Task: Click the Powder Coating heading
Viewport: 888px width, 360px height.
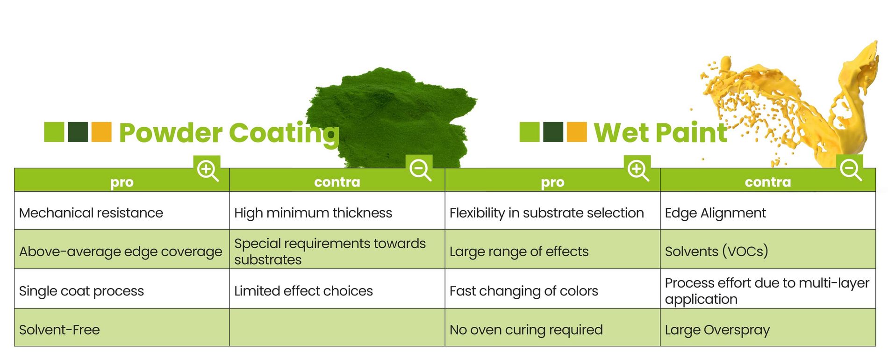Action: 229,133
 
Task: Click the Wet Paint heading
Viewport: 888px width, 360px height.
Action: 660,133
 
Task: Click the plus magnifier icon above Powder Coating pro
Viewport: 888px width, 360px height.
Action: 207,170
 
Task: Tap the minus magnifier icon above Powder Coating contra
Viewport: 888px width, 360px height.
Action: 419,169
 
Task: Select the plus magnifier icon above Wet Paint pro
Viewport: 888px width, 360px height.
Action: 637,169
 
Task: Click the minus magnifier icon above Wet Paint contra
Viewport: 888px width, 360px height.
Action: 850,169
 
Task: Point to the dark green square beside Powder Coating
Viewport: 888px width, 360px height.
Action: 78,132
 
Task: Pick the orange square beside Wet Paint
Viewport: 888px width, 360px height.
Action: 577,132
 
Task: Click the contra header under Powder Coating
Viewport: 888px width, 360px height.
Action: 337,182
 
